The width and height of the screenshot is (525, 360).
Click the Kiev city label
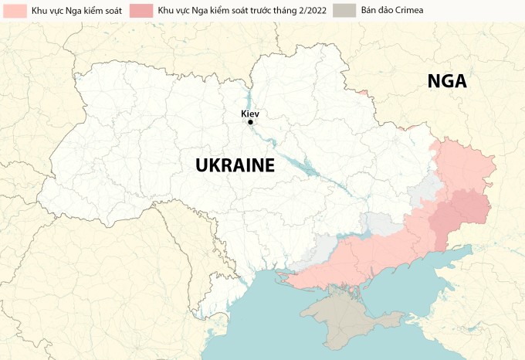pyautogui.click(x=249, y=114)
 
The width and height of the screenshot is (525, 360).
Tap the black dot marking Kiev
pyautogui.click(x=250, y=122)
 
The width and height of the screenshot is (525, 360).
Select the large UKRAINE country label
pyautogui.click(x=235, y=165)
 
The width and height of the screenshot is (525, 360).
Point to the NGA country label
pyautogui.click(x=447, y=81)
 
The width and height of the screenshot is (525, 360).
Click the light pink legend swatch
pyautogui.click(x=10, y=10)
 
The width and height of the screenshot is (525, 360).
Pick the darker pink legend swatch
pyautogui.click(x=141, y=10)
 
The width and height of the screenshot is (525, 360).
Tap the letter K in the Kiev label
pyautogui.click(x=243, y=114)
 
